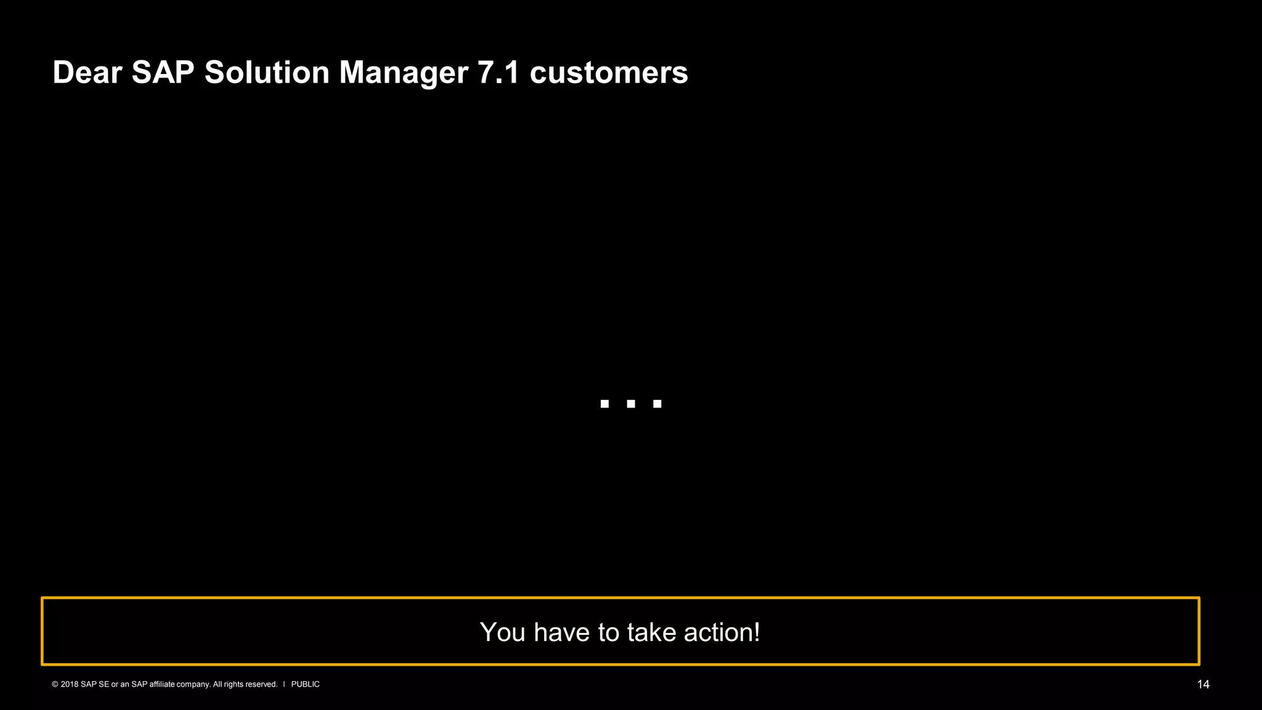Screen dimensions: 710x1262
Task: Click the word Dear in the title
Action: (x=87, y=73)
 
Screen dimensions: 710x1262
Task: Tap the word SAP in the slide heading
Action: (x=163, y=73)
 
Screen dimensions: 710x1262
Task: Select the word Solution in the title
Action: (x=267, y=73)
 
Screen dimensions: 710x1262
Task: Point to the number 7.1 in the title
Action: (x=499, y=73)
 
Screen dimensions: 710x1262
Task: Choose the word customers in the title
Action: (x=609, y=73)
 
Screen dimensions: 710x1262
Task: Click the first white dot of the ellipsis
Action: (x=605, y=404)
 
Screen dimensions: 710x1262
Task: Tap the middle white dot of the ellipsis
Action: (x=631, y=404)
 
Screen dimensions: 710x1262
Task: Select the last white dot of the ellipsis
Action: (x=657, y=404)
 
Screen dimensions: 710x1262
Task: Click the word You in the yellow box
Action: (x=502, y=632)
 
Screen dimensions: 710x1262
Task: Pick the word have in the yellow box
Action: (x=561, y=632)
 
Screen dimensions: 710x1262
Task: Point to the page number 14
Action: (x=1203, y=685)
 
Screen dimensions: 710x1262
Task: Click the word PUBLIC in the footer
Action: (x=305, y=684)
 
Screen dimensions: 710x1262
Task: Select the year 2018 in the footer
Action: (x=70, y=684)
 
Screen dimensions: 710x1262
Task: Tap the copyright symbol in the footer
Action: (x=55, y=684)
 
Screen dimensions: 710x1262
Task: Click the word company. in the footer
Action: (x=193, y=685)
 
